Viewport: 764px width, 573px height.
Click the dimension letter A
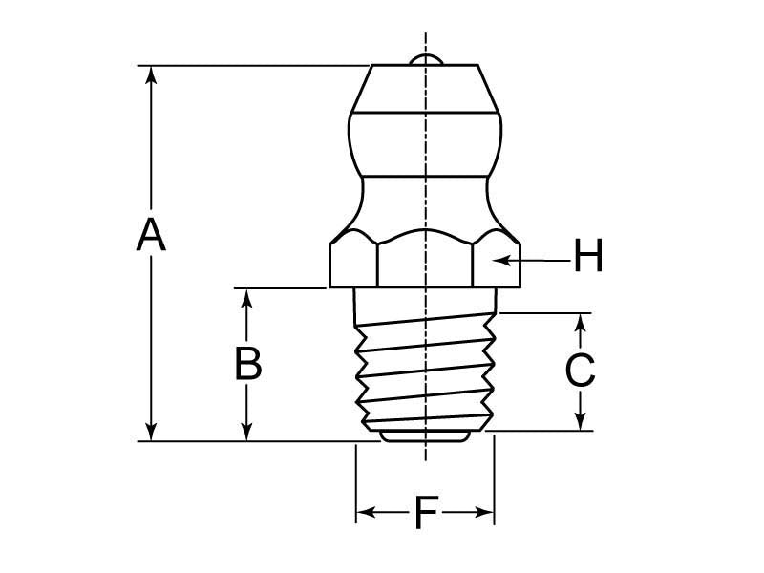(151, 235)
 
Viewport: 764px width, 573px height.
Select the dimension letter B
(248, 363)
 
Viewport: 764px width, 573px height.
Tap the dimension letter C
(580, 370)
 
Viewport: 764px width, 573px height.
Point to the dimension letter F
(426, 512)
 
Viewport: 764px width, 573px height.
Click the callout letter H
(588, 255)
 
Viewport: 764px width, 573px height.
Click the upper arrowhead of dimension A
(152, 76)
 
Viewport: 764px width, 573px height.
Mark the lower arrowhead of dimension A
(152, 431)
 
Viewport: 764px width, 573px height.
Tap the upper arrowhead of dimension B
(247, 299)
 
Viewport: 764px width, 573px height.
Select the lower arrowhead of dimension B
(247, 431)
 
